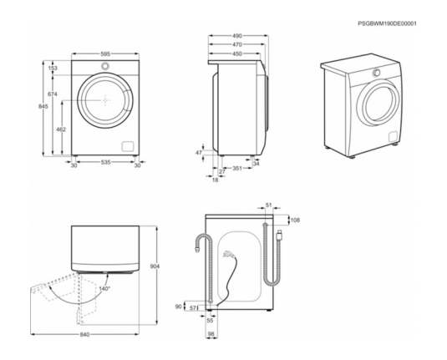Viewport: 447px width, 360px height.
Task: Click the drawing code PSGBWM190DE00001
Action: click(x=387, y=23)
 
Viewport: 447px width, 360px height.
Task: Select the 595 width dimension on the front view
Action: click(x=105, y=53)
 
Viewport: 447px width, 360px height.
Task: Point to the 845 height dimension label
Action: click(x=43, y=106)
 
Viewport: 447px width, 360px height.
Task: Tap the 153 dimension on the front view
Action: click(x=53, y=68)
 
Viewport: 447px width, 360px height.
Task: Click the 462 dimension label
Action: click(x=61, y=129)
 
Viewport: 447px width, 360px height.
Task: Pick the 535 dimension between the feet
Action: click(x=105, y=162)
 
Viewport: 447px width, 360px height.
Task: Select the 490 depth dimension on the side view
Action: click(x=237, y=36)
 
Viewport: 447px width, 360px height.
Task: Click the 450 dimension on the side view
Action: click(x=237, y=53)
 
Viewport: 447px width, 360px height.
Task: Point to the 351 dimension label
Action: click(x=237, y=168)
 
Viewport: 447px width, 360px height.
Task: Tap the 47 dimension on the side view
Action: click(x=199, y=153)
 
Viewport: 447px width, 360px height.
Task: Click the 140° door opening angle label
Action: click(x=104, y=289)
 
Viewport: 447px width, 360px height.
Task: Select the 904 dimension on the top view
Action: click(x=155, y=266)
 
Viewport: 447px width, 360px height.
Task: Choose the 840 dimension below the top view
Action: click(x=84, y=334)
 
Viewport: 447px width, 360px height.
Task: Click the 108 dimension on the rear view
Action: click(x=295, y=220)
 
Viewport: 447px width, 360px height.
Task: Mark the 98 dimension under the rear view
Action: click(x=211, y=334)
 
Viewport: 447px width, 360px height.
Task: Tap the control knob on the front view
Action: click(x=105, y=66)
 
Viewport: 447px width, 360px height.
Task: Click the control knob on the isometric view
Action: click(x=377, y=73)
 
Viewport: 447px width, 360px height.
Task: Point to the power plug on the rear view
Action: click(x=228, y=254)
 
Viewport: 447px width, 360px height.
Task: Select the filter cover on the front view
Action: click(x=127, y=146)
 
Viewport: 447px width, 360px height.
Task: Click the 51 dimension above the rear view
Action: click(x=269, y=205)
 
